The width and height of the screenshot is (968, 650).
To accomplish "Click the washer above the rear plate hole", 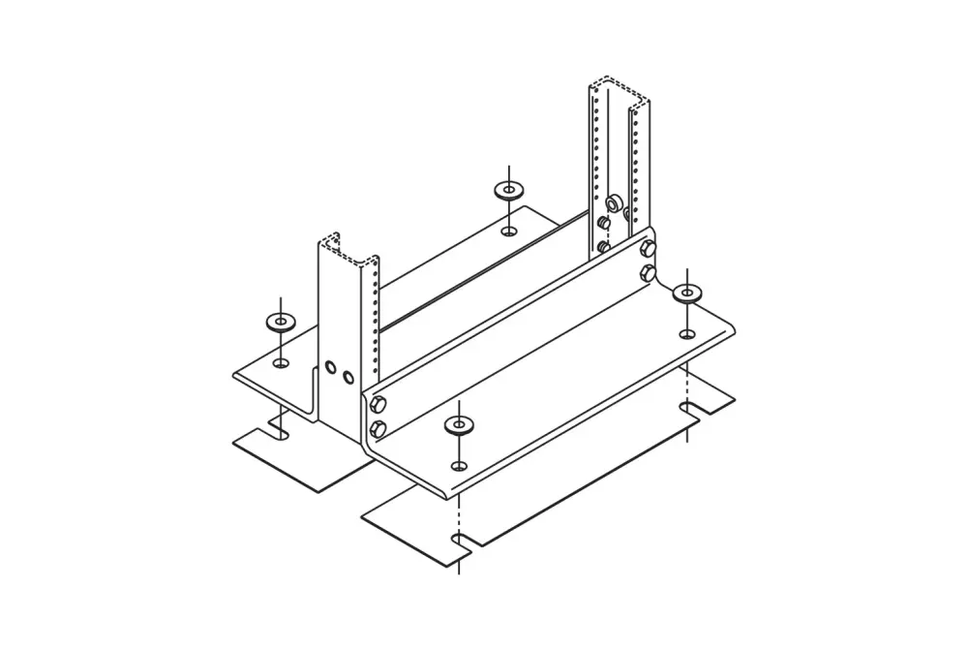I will coord(507,190).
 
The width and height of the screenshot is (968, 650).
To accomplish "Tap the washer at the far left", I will coord(280,322).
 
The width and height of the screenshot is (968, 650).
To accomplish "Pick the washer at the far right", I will coord(687,292).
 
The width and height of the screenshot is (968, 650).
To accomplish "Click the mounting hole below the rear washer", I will coord(508,231).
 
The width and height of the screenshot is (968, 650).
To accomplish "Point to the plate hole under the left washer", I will coord(281,362).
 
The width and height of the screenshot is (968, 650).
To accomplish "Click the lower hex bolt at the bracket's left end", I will coord(378,427).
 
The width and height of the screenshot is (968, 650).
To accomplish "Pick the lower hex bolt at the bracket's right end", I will coord(646,272).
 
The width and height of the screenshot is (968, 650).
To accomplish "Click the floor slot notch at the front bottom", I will coord(460,539).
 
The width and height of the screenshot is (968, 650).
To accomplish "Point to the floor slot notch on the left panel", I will coord(279,430).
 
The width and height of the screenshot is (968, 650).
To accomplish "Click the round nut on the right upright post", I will coord(613,204).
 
